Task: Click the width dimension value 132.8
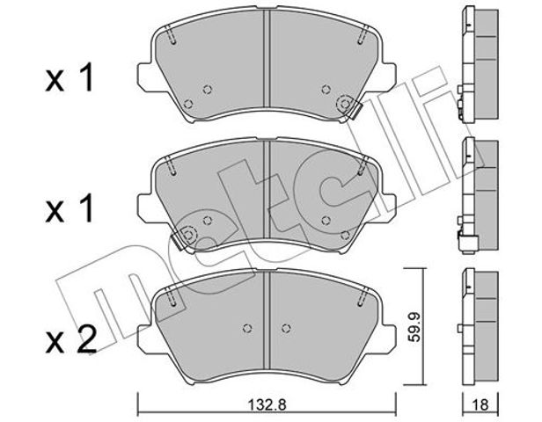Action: pos(267,404)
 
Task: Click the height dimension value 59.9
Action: pos(414,327)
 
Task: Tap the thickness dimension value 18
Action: pos(480,404)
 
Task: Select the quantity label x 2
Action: pos(71,341)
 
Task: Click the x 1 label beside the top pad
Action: pos(70,79)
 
